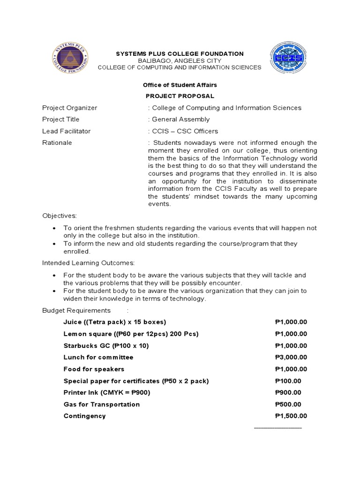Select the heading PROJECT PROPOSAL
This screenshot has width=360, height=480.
[180, 96]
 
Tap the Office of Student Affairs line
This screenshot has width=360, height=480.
[180, 85]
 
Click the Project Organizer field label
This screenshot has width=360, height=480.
[69, 108]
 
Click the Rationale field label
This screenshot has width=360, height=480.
[57, 142]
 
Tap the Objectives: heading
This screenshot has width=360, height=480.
[59, 216]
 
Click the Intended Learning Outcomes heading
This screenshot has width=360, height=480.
[89, 263]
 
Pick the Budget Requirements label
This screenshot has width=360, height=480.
[76, 310]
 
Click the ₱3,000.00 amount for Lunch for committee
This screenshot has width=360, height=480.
[291, 357]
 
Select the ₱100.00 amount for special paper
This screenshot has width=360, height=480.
[288, 381]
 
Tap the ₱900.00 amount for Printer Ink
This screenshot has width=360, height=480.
[288, 393]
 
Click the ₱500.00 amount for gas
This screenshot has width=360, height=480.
[288, 405]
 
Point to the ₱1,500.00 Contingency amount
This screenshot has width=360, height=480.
[291, 416]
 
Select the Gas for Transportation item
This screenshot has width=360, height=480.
[102, 405]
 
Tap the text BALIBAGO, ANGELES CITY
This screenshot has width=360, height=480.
[180, 61]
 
